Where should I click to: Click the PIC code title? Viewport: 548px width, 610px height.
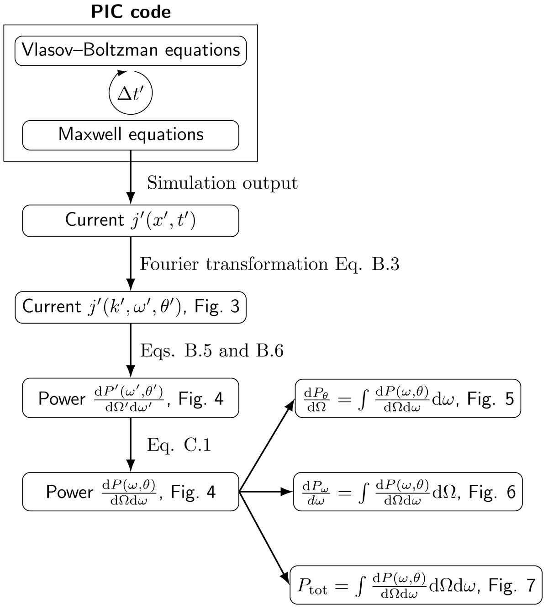(x=131, y=11)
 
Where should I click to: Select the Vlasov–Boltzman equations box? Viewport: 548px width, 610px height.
(x=131, y=51)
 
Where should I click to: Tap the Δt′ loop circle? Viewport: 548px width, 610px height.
(x=131, y=93)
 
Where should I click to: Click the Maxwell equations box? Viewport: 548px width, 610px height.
(x=131, y=135)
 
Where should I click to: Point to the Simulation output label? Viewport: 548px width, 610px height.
(x=222, y=183)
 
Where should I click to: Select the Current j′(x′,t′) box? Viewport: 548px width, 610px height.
(x=131, y=221)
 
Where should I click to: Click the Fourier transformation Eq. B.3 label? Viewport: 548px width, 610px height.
(x=269, y=264)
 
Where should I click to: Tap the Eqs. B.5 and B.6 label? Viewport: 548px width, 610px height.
(x=212, y=350)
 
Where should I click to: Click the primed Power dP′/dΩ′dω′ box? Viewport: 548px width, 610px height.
(x=131, y=398)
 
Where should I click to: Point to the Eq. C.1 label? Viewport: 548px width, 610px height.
(x=179, y=445)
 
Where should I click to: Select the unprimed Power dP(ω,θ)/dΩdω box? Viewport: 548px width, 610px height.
(x=131, y=492)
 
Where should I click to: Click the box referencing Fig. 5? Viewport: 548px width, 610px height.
(x=408, y=398)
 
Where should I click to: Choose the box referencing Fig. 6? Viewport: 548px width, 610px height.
(x=408, y=492)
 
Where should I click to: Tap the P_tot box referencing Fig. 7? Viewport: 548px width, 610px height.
(x=416, y=585)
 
